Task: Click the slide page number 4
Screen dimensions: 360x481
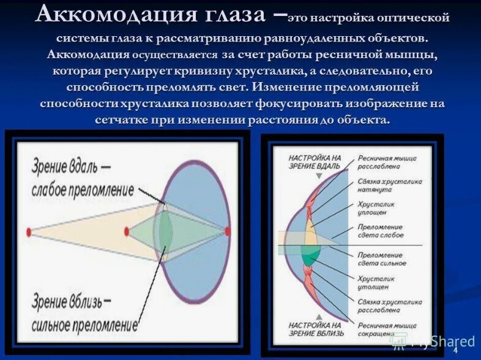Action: click(455, 350)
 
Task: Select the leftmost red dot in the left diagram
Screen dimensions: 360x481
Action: click(28, 231)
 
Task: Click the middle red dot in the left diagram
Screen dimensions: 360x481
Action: click(127, 231)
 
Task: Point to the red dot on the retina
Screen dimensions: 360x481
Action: click(228, 231)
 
